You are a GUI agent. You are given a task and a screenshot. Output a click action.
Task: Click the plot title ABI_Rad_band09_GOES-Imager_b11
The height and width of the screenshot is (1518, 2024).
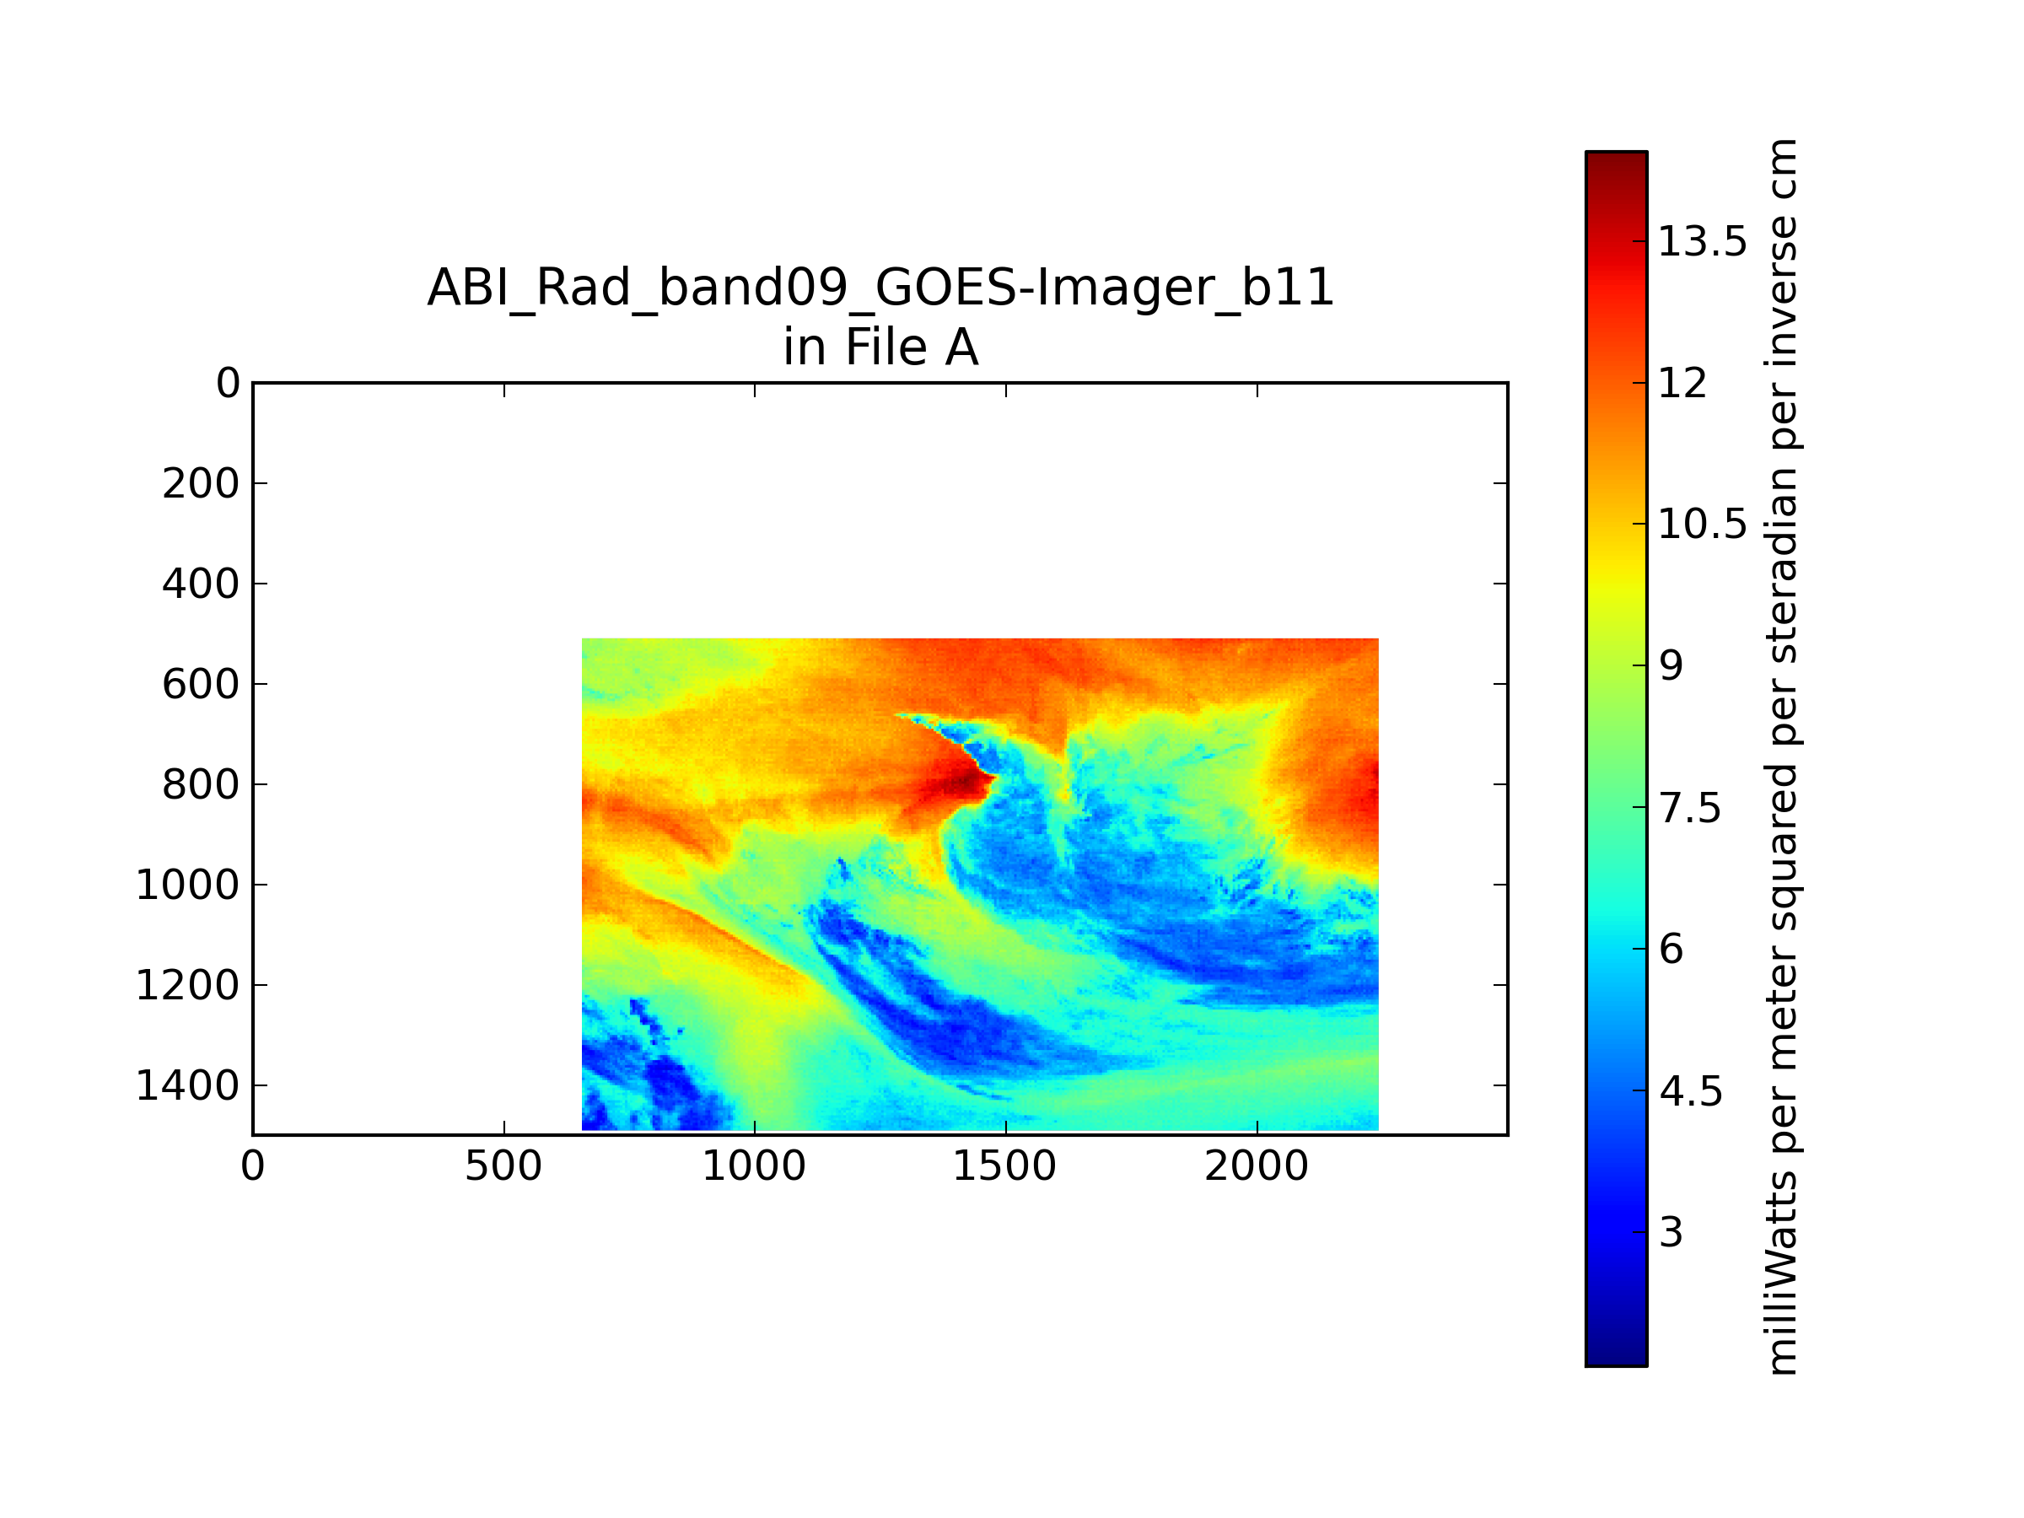(x=880, y=289)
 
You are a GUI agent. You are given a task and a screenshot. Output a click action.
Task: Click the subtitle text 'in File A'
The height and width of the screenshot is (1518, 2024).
(x=880, y=347)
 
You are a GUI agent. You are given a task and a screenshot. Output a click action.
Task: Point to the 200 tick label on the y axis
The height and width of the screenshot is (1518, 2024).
(x=202, y=484)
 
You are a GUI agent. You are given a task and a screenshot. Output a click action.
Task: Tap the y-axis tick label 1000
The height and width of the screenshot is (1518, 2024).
(x=187, y=885)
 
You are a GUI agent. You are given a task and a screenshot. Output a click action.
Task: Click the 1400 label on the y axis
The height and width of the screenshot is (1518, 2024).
(x=187, y=1086)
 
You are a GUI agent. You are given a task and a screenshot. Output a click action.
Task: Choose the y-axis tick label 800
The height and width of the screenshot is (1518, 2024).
(x=202, y=785)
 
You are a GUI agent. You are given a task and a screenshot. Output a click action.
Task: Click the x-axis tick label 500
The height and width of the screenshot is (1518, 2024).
(x=503, y=1166)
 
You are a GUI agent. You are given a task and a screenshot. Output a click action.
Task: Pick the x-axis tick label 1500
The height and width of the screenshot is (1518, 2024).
(x=1004, y=1166)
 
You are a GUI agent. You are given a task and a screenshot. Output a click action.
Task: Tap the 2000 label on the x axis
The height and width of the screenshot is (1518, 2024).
(x=1257, y=1166)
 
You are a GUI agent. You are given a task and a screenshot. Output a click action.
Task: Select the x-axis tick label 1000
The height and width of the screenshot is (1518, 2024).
(x=754, y=1166)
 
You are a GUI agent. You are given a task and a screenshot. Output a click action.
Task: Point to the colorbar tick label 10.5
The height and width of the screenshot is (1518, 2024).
(x=1703, y=525)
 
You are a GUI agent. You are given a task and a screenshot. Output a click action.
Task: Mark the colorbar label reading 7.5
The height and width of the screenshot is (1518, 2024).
(x=1690, y=808)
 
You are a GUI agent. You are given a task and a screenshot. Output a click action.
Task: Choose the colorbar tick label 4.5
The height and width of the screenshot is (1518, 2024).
(x=1690, y=1091)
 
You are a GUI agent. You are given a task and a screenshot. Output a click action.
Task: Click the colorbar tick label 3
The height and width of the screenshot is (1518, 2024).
(x=1671, y=1232)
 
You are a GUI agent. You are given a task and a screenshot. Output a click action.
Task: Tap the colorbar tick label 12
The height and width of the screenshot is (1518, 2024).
(x=1682, y=384)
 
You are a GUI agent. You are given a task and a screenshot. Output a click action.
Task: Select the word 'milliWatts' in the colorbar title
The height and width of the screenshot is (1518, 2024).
(x=1780, y=1272)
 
